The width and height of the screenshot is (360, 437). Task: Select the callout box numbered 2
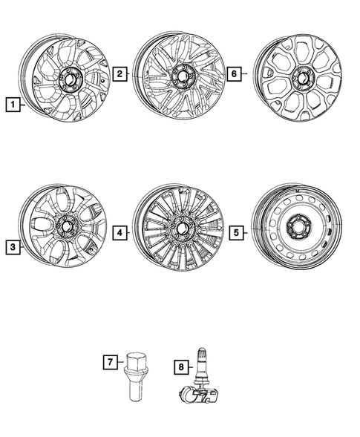pos(119,73)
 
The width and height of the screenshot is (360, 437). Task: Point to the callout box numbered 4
pos(119,233)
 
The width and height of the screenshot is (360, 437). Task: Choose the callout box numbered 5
pos(235,233)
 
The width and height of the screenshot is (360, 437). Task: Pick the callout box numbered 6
pos(235,73)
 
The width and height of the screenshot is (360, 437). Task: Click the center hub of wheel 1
pos(69,78)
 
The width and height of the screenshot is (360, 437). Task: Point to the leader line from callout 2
pos(130,73)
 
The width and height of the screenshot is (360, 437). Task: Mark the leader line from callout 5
pos(246,233)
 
